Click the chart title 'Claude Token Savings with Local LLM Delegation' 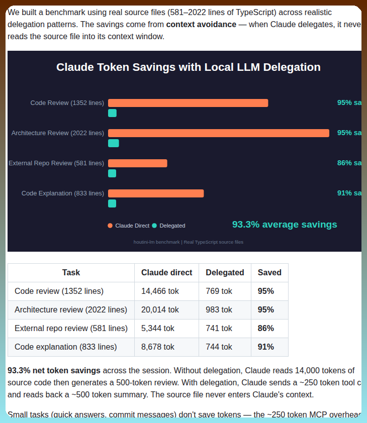click(x=188, y=67)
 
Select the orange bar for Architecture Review click(x=218, y=133)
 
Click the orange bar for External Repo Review click(x=137, y=163)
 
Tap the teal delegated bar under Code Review click(x=112, y=113)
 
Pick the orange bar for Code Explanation click(x=156, y=193)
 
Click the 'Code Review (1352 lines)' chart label click(x=67, y=103)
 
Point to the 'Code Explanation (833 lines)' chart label click(x=63, y=193)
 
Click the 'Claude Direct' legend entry click(x=129, y=226)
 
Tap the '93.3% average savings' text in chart click(x=285, y=225)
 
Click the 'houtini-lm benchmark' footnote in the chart click(x=188, y=242)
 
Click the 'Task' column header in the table click(x=71, y=273)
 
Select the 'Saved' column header click(x=269, y=273)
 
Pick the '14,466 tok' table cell click(x=160, y=291)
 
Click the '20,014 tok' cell click(x=160, y=309)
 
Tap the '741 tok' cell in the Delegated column click(x=219, y=328)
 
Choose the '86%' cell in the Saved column click(x=265, y=328)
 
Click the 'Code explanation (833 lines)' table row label click(x=65, y=347)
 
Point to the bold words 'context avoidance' click(x=201, y=24)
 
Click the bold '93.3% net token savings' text click(x=54, y=371)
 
